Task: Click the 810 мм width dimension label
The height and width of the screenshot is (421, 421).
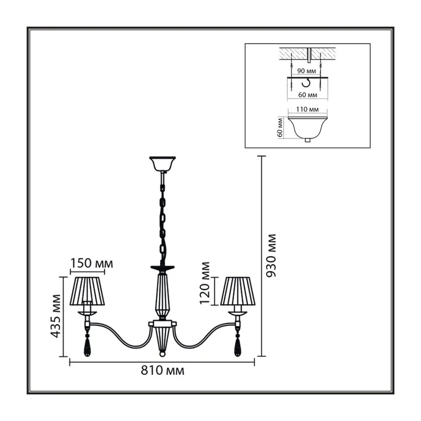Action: (x=163, y=371)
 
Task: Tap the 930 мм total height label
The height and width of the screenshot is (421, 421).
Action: (x=270, y=255)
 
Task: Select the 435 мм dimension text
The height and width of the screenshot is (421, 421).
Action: (x=56, y=316)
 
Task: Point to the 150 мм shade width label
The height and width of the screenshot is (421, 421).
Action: (x=92, y=264)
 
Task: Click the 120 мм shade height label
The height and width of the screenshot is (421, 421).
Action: (x=205, y=283)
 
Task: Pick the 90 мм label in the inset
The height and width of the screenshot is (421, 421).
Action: (x=307, y=71)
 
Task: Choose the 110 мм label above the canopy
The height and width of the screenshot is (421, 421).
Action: (x=307, y=109)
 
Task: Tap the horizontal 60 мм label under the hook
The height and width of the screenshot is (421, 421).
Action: (x=308, y=95)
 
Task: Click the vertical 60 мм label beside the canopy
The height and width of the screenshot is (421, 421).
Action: (x=280, y=127)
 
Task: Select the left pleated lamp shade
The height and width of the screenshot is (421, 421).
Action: (x=87, y=292)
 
